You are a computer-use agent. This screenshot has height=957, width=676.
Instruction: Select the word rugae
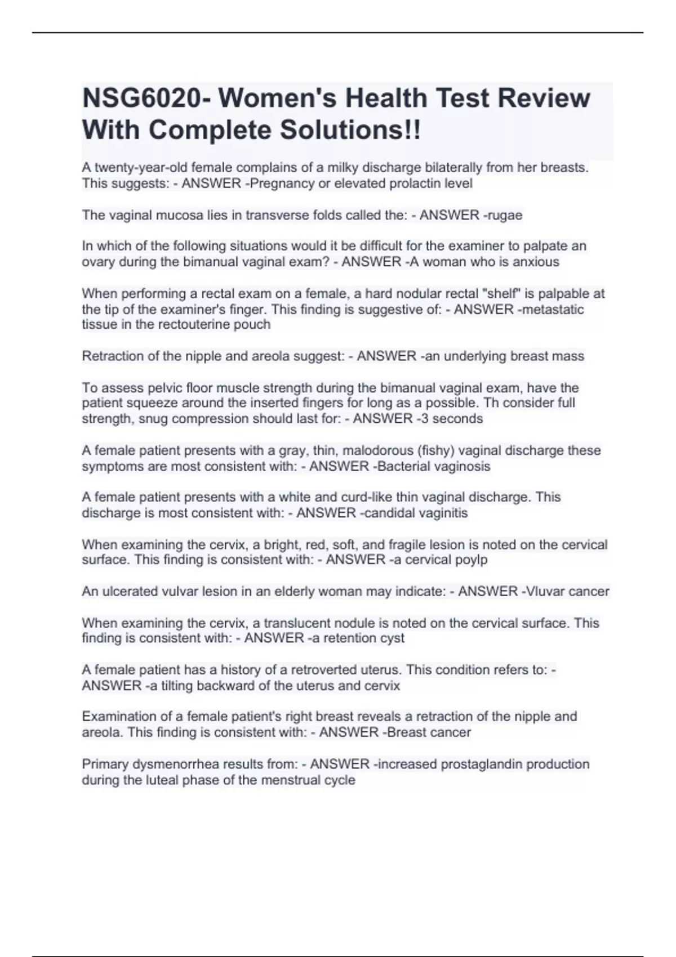click(x=506, y=215)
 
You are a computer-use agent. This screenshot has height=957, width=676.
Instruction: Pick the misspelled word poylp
click(x=471, y=560)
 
